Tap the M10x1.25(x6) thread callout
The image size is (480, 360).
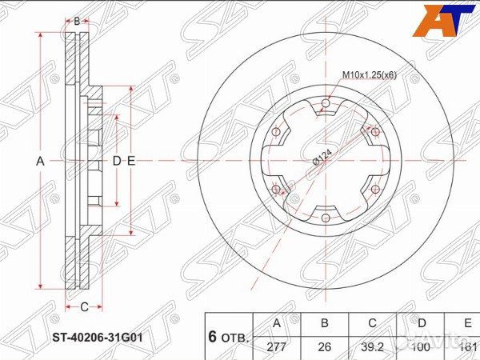pos(370,74)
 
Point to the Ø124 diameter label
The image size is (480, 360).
pos(322,158)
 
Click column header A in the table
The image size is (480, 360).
pos(277,323)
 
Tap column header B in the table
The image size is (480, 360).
pos(323,323)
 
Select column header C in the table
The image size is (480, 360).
pos(373,323)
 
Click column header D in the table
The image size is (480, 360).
pos(421,323)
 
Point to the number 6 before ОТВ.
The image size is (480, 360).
pos(213,337)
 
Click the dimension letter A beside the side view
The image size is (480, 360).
pos(40,161)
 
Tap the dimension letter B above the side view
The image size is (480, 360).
pos(77,22)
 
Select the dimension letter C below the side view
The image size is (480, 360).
pos(83,306)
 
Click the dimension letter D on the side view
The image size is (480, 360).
pos(116,161)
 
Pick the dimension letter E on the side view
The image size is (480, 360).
pos(130,161)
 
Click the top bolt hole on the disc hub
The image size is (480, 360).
pos(326,102)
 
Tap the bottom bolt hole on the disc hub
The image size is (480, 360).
pos(326,218)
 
